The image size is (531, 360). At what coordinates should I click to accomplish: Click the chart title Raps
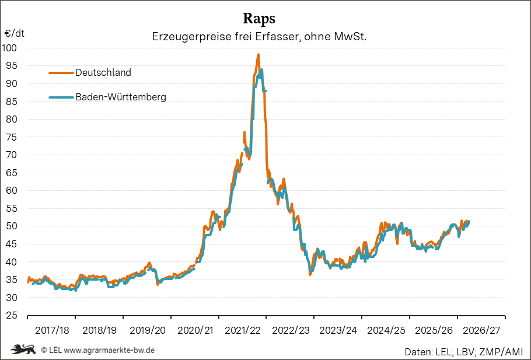click(259, 19)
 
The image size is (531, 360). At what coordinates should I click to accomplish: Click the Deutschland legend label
click(103, 72)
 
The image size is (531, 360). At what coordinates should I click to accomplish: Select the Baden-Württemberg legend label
click(121, 97)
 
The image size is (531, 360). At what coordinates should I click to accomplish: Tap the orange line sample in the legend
click(61, 72)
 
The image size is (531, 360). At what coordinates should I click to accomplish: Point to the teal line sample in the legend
click(61, 97)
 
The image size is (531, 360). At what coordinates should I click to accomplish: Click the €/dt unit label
click(14, 33)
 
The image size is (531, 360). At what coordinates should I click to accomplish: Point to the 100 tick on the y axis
click(9, 48)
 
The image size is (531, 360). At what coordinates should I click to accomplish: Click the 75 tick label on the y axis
click(11, 137)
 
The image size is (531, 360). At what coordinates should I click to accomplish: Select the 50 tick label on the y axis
click(11, 226)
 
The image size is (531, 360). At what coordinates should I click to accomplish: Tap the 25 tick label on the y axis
click(11, 315)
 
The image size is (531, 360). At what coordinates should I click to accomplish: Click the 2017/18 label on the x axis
click(52, 331)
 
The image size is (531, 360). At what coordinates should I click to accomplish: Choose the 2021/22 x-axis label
click(243, 331)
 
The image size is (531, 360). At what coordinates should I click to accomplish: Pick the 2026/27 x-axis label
click(481, 331)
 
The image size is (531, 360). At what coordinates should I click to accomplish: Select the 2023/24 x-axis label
click(338, 331)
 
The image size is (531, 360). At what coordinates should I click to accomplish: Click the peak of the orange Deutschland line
click(258, 54)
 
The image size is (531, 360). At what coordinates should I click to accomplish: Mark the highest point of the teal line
click(262, 70)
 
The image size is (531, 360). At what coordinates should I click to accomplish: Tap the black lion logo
click(23, 349)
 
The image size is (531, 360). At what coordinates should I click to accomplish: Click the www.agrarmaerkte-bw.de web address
click(109, 350)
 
